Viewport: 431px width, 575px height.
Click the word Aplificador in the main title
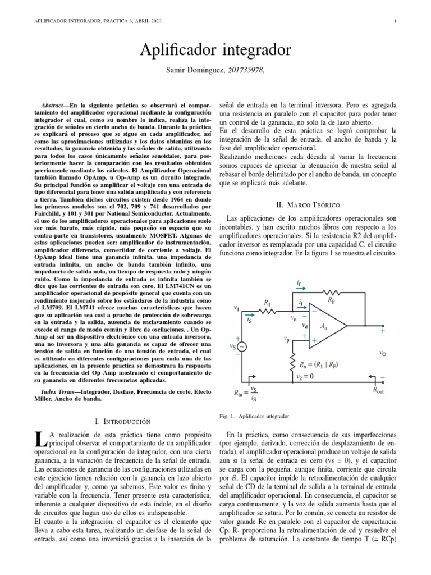tap(181, 51)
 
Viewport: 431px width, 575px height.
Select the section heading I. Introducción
tap(124, 421)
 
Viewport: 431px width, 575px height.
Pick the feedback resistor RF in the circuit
tap(331, 292)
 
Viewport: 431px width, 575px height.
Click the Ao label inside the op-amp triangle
tap(324, 326)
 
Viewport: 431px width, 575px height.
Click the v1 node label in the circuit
tap(236, 308)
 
